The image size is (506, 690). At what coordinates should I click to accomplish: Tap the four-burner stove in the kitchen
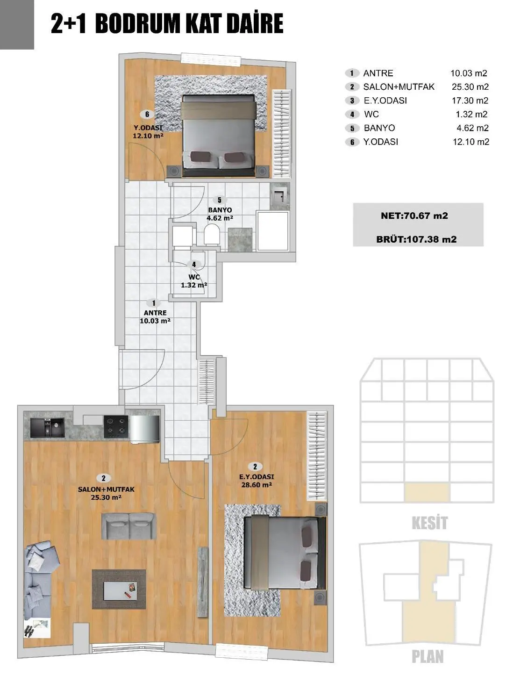116,426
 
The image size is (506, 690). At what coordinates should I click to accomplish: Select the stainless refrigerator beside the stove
144,429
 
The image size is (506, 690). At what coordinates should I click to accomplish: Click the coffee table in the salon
119,588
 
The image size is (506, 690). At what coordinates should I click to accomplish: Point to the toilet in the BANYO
212,235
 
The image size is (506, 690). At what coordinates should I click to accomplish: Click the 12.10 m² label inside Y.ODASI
148,136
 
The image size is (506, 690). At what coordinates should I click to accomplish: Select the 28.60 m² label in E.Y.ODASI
257,485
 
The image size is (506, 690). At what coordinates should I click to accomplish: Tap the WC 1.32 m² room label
194,281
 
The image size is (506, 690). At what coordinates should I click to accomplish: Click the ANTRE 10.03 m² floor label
155,317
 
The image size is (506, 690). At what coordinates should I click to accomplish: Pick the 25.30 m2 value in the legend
470,87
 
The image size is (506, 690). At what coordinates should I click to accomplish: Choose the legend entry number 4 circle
352,115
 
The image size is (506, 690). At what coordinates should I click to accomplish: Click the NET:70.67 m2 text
414,216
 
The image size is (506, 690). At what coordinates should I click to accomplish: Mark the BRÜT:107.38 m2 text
416,239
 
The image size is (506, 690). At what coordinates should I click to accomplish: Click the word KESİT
429,523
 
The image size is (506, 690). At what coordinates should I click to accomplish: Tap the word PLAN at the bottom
427,656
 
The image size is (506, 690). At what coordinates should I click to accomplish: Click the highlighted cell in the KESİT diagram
426,493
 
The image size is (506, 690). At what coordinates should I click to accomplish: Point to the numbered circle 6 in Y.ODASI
147,115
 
